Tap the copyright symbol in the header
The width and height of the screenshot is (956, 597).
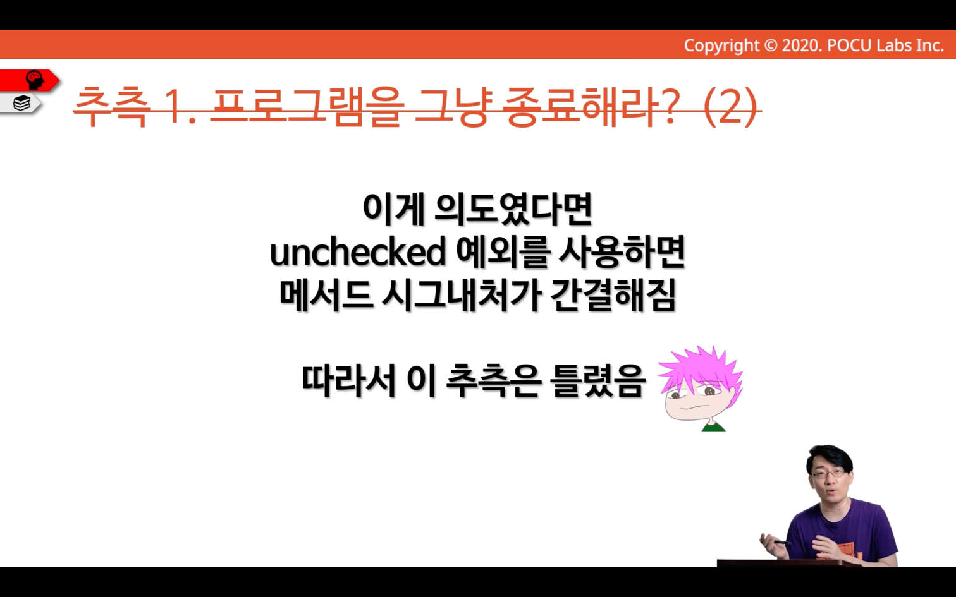point(770,45)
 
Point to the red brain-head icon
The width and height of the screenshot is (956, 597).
point(34,80)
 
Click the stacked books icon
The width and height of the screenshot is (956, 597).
point(22,103)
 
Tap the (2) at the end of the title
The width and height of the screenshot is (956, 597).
point(730,107)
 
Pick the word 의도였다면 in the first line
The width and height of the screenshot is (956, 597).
point(513,209)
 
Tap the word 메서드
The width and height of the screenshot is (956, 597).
point(326,295)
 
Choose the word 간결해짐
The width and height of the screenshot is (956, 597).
point(613,295)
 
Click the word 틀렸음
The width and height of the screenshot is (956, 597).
point(597,381)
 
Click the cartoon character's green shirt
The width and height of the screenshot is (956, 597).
point(714,426)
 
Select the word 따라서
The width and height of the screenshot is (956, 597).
point(348,381)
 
